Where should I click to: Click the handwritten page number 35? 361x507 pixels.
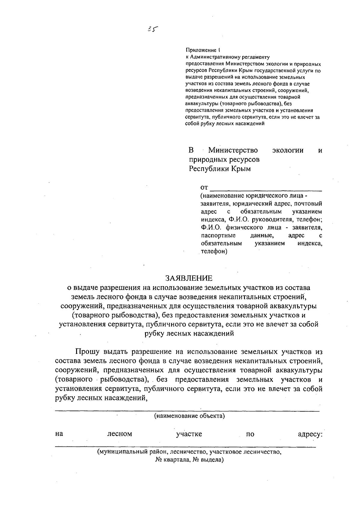pos(153,29)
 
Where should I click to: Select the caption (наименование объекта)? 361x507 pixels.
pos(190,416)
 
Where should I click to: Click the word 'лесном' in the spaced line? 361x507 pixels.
pos(120,434)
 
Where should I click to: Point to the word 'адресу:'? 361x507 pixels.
pos(310,434)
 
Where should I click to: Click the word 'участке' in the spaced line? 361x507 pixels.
pos(189,434)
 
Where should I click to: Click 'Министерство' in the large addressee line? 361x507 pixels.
pos(233,150)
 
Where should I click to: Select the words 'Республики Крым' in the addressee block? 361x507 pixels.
pos(220,169)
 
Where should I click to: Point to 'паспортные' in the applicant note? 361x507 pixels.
pos(218,235)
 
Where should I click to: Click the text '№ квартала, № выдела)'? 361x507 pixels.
pos(190,460)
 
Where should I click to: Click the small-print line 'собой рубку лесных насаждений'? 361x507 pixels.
pos(225,123)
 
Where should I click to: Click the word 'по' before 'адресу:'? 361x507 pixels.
pos(250,434)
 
